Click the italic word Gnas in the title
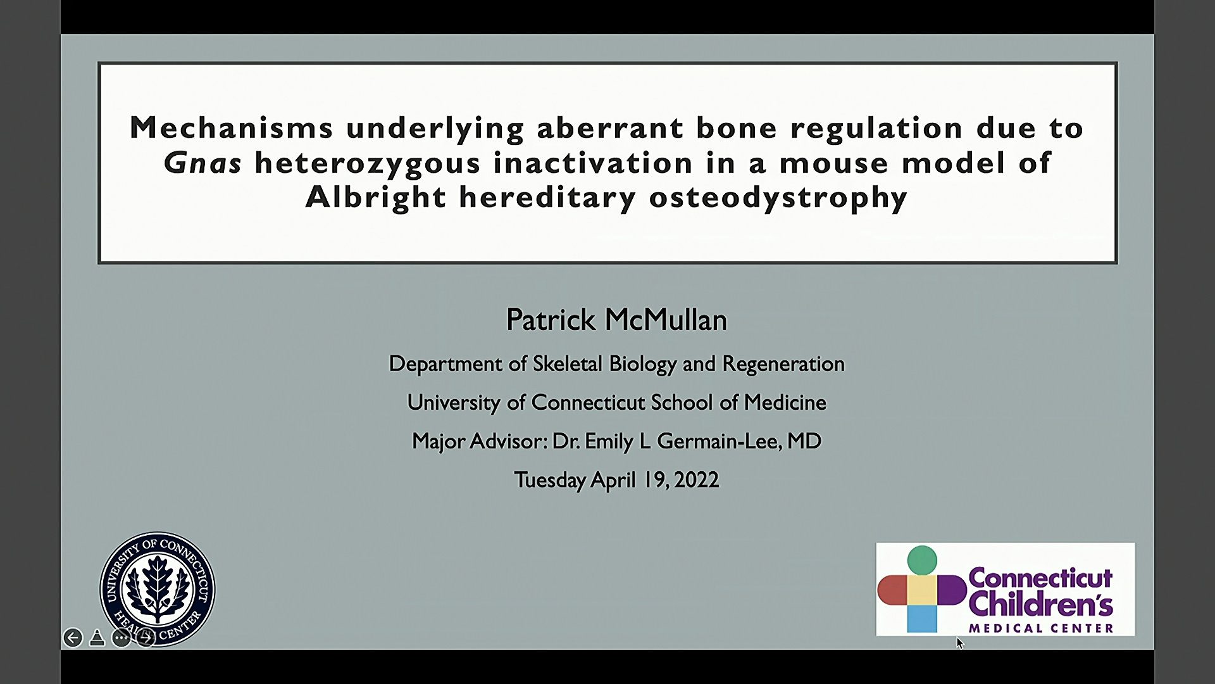coord(202,163)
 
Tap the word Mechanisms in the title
coord(231,127)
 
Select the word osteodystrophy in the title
coord(778,198)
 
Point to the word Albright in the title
coord(375,197)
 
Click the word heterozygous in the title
coord(368,163)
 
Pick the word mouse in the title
coord(833,163)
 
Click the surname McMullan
coord(666,320)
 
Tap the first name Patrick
coord(551,320)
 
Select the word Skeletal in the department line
coord(567,364)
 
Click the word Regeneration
coord(783,364)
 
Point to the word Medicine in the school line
coord(785,402)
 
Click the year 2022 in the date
coord(697,479)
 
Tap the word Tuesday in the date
coord(549,480)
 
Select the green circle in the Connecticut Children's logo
coord(922,560)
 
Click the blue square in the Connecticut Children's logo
coord(922,619)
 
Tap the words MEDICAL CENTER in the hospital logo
coord(1041,628)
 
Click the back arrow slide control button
coord(73,638)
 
